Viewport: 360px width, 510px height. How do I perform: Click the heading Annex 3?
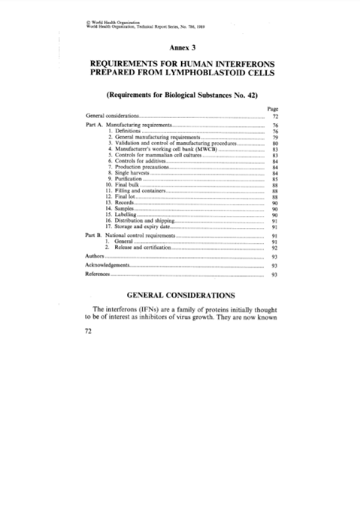[180, 48]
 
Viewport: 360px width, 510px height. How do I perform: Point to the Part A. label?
[94, 123]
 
